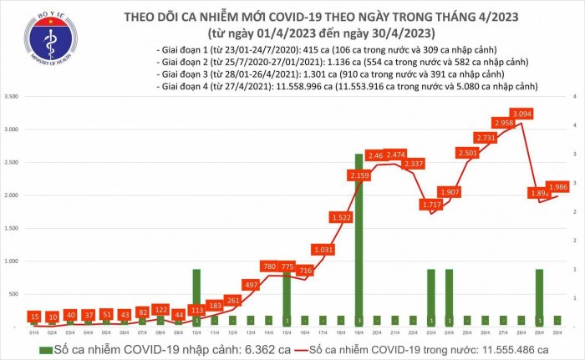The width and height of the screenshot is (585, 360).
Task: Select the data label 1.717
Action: point(431,205)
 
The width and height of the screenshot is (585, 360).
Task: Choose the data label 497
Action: point(250,284)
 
